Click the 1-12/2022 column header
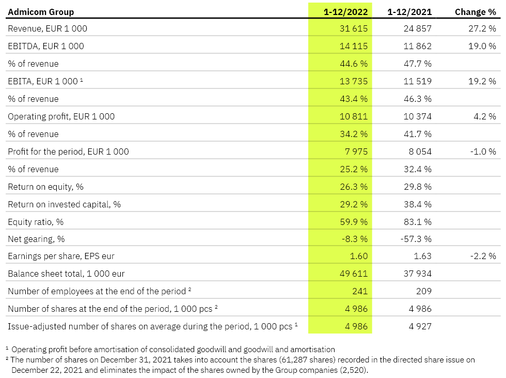pos(345,12)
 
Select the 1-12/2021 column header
pos(409,12)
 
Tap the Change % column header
pos(476,12)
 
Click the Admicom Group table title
pos(41,12)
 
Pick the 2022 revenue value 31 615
pos(354,28)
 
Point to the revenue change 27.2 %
pos(482,28)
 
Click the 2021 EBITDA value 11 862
pos(418,46)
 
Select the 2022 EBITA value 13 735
pos(354,81)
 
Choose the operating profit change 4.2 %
pos(485,116)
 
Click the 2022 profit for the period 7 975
pos(356,152)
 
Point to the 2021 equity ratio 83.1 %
pos(418,222)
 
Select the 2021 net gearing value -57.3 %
pos(416,239)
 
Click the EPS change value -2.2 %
pos(483,256)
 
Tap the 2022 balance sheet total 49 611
pos(354,274)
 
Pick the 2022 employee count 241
pos(360,291)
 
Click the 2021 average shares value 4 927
pos(420,326)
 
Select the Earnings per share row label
pos(61,256)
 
